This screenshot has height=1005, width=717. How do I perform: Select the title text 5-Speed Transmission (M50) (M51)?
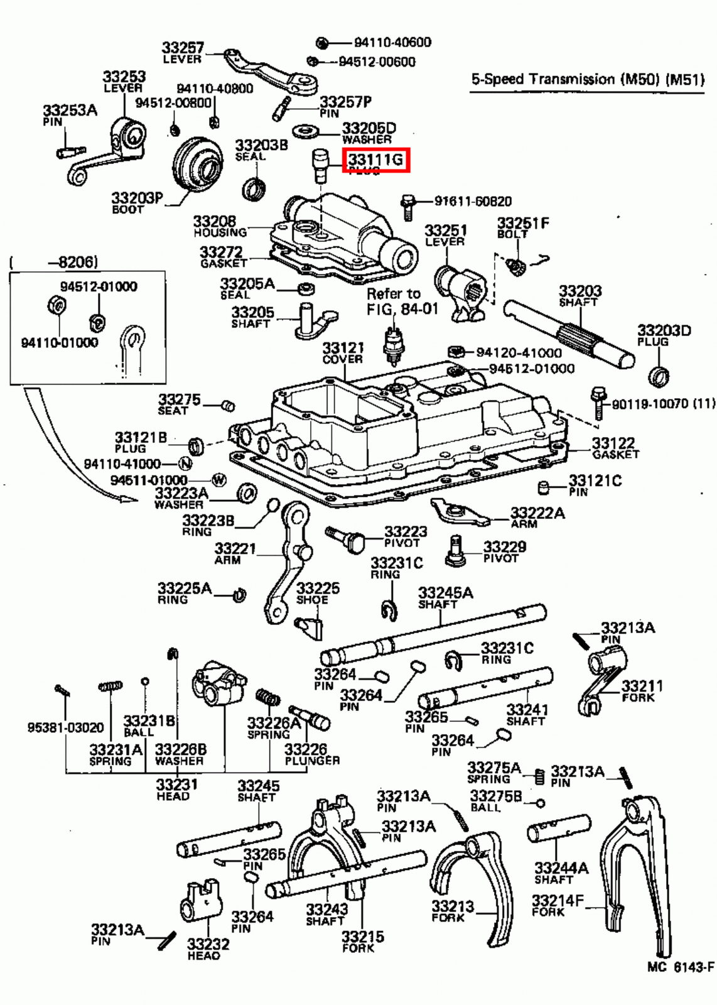click(587, 80)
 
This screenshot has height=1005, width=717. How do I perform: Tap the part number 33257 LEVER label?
click(183, 53)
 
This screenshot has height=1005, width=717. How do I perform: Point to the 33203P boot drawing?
click(197, 162)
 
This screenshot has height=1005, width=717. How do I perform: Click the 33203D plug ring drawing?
click(658, 376)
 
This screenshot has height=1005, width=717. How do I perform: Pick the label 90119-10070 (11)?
click(662, 404)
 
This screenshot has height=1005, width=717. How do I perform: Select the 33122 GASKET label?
click(614, 448)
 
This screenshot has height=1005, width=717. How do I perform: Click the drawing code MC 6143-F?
click(681, 967)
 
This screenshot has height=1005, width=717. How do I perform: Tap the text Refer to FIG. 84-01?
click(402, 301)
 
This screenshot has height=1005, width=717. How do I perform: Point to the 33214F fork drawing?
click(634, 873)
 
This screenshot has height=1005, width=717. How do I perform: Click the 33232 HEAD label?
click(208, 949)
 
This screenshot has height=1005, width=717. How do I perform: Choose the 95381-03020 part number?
click(65, 727)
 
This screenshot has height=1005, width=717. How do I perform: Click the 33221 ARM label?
click(235, 553)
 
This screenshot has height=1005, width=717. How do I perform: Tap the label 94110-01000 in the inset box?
click(60, 343)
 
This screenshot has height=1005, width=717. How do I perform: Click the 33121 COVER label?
click(343, 353)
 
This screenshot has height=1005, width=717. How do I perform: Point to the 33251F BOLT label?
click(522, 227)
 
